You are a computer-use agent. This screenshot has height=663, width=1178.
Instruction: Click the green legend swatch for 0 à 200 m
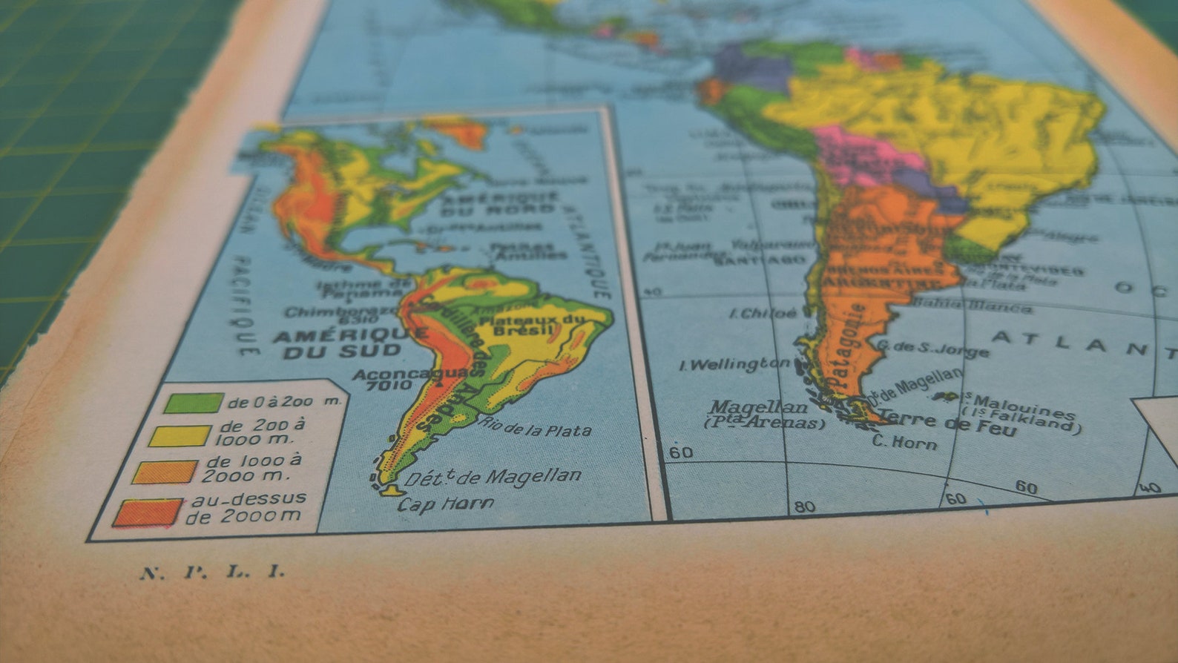(194, 403)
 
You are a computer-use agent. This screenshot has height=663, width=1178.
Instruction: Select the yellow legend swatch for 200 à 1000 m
(180, 435)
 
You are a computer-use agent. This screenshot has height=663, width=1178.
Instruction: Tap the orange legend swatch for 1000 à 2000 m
(165, 472)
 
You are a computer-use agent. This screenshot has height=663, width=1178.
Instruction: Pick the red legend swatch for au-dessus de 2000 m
(148, 512)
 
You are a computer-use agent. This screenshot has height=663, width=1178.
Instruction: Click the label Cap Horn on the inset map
(446, 504)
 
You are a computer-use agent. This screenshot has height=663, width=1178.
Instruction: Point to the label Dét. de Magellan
(493, 477)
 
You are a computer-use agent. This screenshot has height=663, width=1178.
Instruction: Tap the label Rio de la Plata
(535, 426)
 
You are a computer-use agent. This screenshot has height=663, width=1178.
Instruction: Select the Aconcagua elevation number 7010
(388, 386)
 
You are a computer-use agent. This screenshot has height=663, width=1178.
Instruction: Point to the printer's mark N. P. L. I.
(212, 572)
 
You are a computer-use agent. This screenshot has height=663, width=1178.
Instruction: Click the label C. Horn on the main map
(904, 442)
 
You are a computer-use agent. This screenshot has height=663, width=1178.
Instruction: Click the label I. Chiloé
(764, 313)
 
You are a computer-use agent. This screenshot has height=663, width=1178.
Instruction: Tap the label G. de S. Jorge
(932, 348)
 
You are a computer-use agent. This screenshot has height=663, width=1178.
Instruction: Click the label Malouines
(1024, 405)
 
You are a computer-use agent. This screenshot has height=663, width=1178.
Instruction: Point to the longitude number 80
(805, 507)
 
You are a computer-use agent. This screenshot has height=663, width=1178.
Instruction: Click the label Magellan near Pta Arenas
(758, 406)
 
